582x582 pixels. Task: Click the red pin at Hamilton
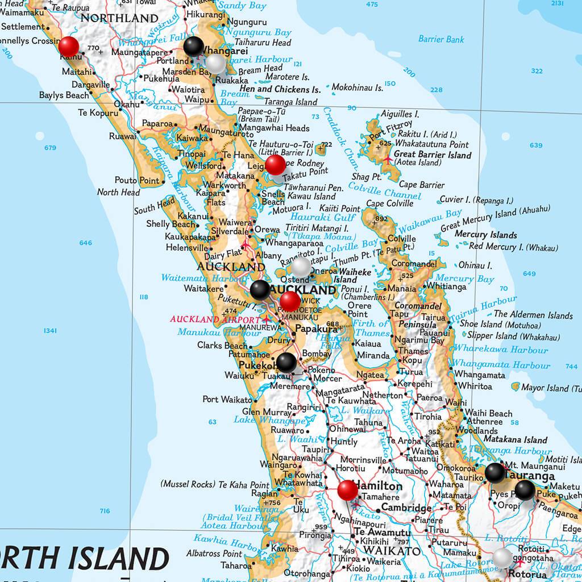click(x=347, y=490)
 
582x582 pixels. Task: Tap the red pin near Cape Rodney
click(x=276, y=165)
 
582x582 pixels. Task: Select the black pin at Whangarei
click(x=194, y=47)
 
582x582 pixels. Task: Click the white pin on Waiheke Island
click(x=301, y=267)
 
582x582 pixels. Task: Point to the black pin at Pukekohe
click(x=286, y=361)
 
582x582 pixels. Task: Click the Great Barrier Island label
click(x=433, y=155)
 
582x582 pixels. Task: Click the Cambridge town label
click(x=406, y=508)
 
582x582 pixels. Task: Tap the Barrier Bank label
click(x=441, y=39)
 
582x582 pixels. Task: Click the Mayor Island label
click(x=544, y=388)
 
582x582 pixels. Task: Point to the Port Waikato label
click(x=227, y=400)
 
